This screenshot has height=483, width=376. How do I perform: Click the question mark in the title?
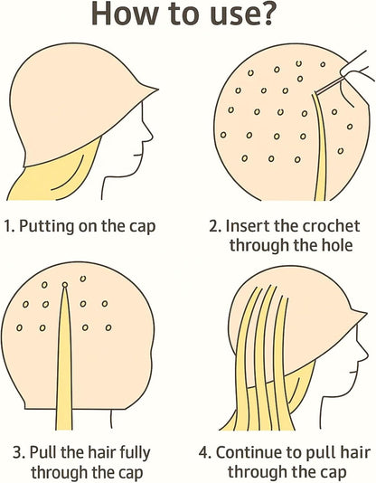(x=264, y=14)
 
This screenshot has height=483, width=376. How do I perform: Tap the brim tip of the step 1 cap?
(x=157, y=90)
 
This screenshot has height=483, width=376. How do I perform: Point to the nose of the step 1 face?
(x=150, y=135)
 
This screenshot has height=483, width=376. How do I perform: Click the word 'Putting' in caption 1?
(x=46, y=227)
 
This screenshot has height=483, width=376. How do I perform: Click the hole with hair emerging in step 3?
(x=64, y=285)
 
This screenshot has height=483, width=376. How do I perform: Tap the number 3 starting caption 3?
(x=19, y=453)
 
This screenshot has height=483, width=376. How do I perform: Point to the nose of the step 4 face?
(x=363, y=352)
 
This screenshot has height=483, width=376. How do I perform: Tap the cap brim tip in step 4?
(x=365, y=313)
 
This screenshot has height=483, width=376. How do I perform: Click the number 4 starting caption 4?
(x=204, y=453)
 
